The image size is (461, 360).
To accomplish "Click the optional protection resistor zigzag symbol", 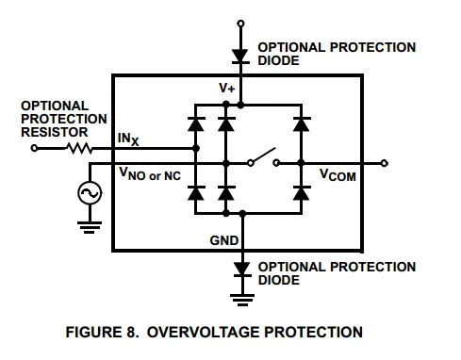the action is point(79,148).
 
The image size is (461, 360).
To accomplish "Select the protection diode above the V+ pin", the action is point(240,57).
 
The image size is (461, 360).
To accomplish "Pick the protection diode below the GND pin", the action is point(242,270).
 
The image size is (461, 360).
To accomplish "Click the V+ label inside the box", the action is point(227,88).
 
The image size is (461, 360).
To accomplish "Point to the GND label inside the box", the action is point(224,240).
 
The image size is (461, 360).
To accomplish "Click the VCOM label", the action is point(338,175).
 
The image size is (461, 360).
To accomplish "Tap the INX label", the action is point(128,139).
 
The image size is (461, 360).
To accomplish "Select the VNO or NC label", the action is point(150,174).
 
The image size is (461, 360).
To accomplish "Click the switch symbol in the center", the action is point(263,156).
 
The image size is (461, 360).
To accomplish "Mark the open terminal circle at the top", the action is point(240,24).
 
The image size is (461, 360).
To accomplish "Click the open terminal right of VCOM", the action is point(384,163).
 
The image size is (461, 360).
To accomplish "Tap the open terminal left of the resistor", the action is point(35,148).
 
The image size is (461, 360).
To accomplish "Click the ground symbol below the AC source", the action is point(90,227).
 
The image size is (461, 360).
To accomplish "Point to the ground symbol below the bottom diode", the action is point(242,300).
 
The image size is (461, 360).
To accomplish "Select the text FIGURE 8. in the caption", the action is point(102,332).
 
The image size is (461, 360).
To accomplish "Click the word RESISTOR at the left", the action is point(55,132).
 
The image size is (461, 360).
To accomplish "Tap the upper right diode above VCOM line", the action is point(302,123).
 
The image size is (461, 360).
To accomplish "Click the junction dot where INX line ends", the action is point(195,148).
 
